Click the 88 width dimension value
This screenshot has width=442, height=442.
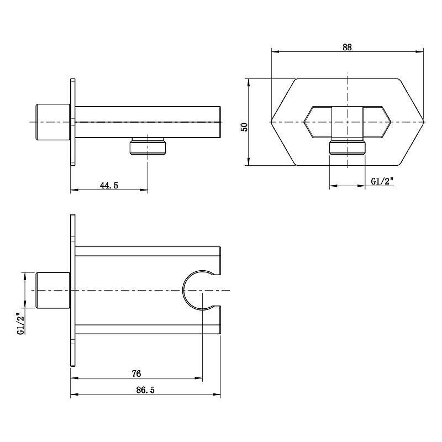tap(347, 47)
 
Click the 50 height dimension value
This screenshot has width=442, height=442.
tap(244, 127)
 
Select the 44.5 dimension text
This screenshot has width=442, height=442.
tap(109, 185)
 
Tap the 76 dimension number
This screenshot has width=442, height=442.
tap(136, 373)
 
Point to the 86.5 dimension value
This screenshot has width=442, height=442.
tap(145, 390)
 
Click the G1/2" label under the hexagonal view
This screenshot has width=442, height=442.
tap(382, 181)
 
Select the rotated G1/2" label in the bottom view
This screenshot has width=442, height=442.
tap(22, 323)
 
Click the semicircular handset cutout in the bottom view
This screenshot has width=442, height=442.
tap(183, 290)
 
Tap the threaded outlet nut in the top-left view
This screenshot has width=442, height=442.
tap(148, 146)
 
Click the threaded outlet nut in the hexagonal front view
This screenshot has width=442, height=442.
tap(348, 148)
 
